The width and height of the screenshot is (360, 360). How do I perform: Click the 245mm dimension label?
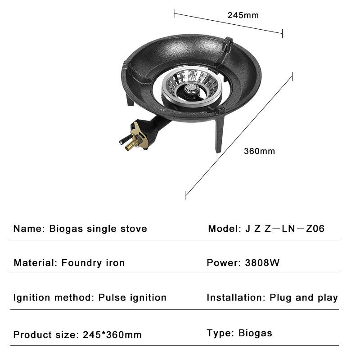tap(243, 15)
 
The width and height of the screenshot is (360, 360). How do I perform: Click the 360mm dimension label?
tap(259, 151)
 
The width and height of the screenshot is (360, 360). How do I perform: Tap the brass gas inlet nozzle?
tap(130, 145)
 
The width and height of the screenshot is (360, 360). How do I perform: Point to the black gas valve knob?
tap(123, 141)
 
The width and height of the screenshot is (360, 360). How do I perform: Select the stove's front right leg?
tap(219, 135)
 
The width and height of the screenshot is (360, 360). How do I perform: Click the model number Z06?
tap(315, 229)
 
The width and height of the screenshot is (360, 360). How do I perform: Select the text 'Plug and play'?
tap(304, 297)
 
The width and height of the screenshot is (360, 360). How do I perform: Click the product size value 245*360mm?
tap(112, 335)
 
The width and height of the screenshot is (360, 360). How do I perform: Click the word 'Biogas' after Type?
tap(255, 333)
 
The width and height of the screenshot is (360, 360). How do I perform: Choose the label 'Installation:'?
tap(236, 297)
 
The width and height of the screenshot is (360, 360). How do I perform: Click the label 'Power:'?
tap(222, 262)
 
